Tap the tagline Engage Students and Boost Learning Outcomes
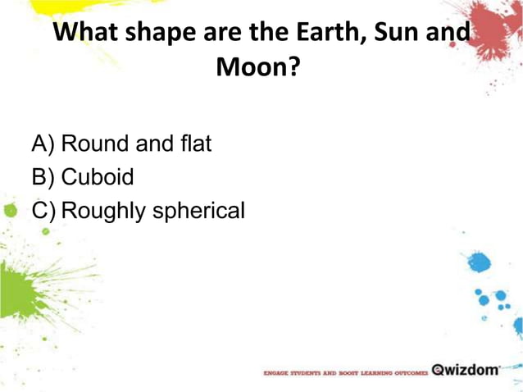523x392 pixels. pos(345,371)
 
